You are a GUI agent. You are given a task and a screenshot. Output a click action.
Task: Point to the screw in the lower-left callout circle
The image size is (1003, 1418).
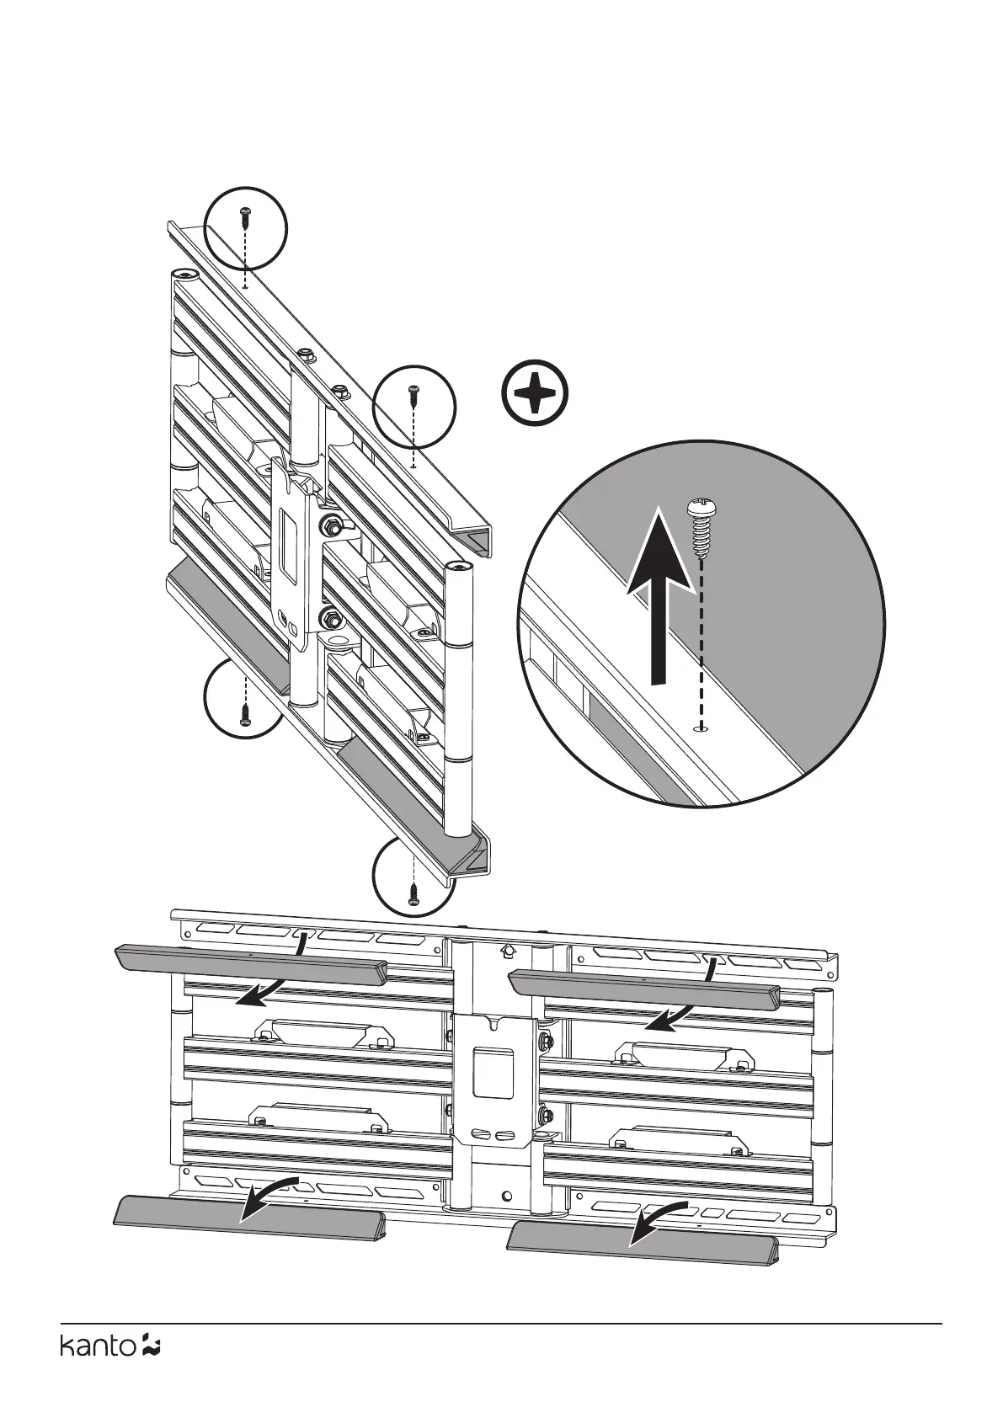pyautogui.click(x=244, y=716)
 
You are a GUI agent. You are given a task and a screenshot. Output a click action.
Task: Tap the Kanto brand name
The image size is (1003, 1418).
pyautogui.click(x=97, y=1370)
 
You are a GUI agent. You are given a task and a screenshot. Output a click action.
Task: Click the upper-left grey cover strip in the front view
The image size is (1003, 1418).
pyautogui.click(x=251, y=962)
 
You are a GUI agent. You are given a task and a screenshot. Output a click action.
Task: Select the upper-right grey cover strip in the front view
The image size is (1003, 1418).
pyautogui.click(x=645, y=987)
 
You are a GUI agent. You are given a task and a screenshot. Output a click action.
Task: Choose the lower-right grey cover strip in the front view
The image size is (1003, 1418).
pyautogui.click(x=645, y=1239)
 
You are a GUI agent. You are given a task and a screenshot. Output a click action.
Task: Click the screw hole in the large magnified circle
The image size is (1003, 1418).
pyautogui.click(x=700, y=728)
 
